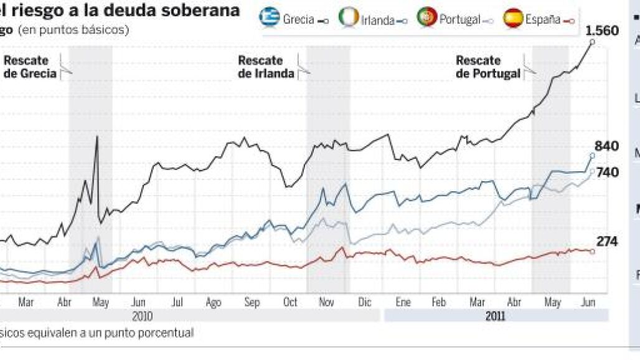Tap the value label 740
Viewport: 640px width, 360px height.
click(608, 172)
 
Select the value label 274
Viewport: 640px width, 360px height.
click(607, 242)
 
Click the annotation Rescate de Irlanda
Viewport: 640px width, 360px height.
click(266, 67)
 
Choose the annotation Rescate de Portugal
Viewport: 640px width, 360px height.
click(487, 67)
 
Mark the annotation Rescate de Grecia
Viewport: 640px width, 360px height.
click(30, 67)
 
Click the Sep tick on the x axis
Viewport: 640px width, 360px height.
click(252, 303)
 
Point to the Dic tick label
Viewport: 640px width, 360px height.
click(365, 303)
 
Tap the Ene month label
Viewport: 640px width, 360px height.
click(403, 303)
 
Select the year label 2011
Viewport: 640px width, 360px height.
click(496, 316)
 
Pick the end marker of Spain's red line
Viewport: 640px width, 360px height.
click(592, 252)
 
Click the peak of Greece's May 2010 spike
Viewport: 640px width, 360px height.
click(97, 136)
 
